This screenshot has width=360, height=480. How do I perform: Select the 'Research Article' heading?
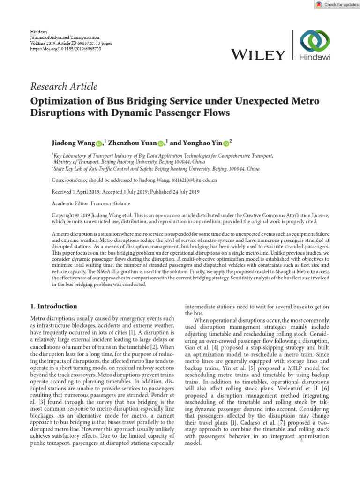pyautogui.click(x=64, y=86)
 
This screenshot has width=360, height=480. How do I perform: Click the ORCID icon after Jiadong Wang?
pyautogui.click(x=99, y=143)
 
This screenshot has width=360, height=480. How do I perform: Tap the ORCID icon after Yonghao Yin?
pyautogui.click(x=226, y=143)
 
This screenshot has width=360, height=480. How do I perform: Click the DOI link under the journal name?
pyautogui.click(x=66, y=48)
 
